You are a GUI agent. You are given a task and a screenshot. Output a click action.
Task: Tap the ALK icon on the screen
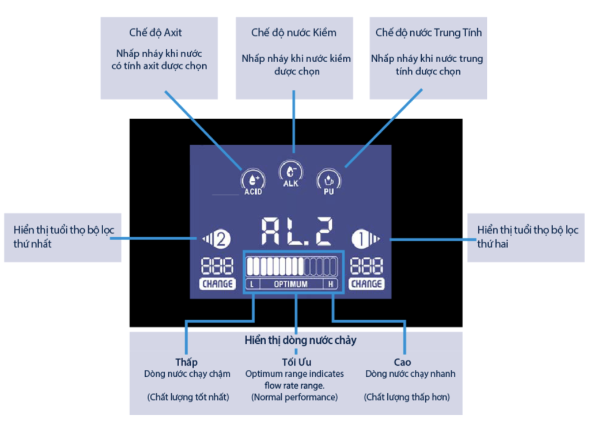[x=290, y=172]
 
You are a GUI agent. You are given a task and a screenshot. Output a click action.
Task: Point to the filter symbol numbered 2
[x=217, y=237]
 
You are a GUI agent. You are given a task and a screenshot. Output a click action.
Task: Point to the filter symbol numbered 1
[x=366, y=237]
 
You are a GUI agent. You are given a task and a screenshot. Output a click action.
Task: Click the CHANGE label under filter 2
[x=217, y=284]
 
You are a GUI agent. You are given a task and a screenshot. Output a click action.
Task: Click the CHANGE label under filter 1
[x=366, y=284]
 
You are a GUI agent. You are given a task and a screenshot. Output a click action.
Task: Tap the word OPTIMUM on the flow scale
[x=290, y=284]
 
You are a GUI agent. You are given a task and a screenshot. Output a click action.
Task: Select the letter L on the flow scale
[x=252, y=284]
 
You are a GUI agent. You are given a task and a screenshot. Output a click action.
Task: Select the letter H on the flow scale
[x=331, y=284]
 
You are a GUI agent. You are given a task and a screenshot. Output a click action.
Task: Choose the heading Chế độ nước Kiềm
[x=294, y=32]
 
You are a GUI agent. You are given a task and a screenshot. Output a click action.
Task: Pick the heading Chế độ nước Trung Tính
[x=428, y=32]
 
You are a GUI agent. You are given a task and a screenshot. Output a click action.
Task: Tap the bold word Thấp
[x=187, y=362]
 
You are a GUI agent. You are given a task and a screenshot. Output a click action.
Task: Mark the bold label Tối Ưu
[x=295, y=362]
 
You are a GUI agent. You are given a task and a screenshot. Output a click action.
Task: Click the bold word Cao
[x=403, y=362]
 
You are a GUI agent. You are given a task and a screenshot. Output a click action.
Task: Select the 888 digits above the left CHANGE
[x=217, y=266]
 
